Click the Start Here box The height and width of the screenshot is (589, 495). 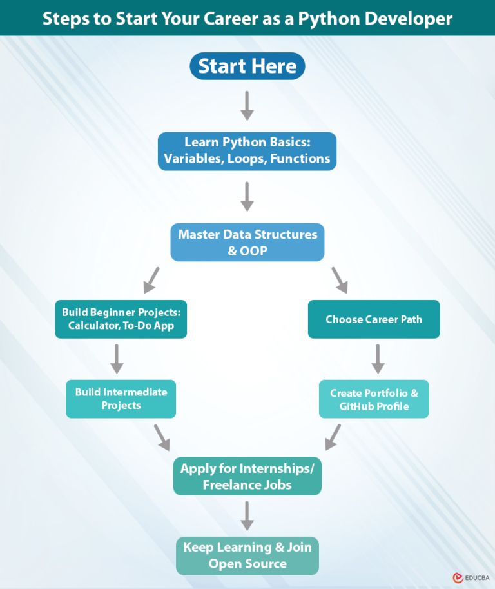click(x=247, y=66)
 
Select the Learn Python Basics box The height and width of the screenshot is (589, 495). click(x=247, y=151)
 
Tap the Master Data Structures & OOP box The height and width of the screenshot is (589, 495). click(x=247, y=243)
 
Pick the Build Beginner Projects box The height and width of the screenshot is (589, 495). click(x=121, y=319)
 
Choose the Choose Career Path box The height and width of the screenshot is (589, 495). click(x=374, y=319)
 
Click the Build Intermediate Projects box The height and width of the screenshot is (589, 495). click(x=121, y=399)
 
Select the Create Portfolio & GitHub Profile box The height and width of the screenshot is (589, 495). click(x=374, y=399)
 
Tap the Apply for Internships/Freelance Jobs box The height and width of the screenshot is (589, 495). click(x=247, y=477)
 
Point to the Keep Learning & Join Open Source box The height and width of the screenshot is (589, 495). click(x=247, y=555)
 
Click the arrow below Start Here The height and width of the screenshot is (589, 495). click(x=247, y=106)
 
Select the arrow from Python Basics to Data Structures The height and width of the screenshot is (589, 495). click(x=247, y=197)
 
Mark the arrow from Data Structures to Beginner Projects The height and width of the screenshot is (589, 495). click(x=151, y=279)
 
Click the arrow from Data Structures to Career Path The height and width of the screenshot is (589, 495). click(x=339, y=279)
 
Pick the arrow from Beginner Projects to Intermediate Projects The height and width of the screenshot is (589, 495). click(x=117, y=359)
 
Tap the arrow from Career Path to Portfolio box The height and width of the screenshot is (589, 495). click(x=378, y=359)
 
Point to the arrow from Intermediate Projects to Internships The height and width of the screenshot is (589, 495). click(x=162, y=437)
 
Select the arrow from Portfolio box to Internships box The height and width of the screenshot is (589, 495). click(x=333, y=437)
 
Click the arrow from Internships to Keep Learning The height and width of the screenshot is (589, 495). click(x=247, y=516)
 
